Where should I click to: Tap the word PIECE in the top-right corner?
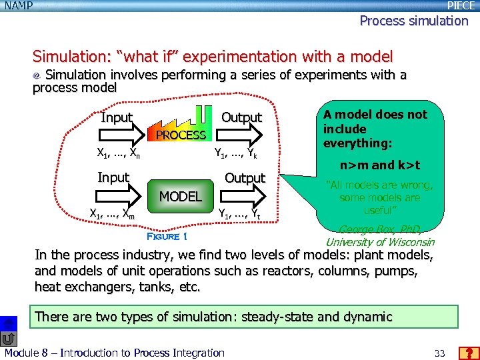pyautogui.click(x=461, y=5)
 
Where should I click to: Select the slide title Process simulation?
pyautogui.click(x=413, y=21)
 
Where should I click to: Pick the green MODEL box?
pyautogui.click(x=180, y=196)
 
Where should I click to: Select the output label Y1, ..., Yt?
pyautogui.click(x=239, y=213)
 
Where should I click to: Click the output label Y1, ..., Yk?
pyautogui.click(x=235, y=153)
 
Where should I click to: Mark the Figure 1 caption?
pyautogui.click(x=167, y=236)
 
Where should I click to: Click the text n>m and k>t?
pyautogui.click(x=380, y=165)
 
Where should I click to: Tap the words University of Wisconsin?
pyautogui.click(x=379, y=242)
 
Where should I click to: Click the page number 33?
pyautogui.click(x=439, y=353)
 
